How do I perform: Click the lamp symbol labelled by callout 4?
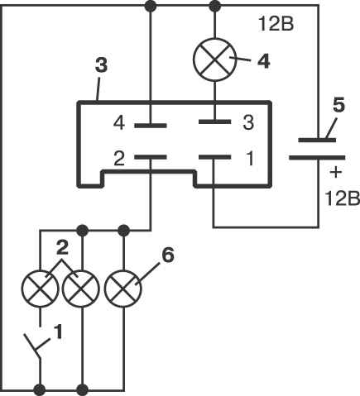(x=214, y=60)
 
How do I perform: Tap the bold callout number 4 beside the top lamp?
(x=263, y=61)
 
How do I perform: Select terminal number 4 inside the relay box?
(x=119, y=123)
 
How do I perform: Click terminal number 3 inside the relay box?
(x=248, y=123)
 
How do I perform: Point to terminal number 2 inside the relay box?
(x=119, y=159)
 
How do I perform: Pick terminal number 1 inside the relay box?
(x=250, y=159)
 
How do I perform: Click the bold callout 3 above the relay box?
(x=101, y=65)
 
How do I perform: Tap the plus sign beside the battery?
(x=336, y=173)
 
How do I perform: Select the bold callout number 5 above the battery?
(x=338, y=105)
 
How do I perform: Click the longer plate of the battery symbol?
(x=317, y=158)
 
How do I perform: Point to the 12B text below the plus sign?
(x=343, y=198)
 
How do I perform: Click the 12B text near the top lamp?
(x=276, y=24)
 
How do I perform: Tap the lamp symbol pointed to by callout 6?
(x=123, y=289)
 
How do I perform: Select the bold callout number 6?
(x=168, y=255)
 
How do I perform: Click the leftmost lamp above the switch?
(x=41, y=289)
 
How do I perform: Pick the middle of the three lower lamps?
(x=81, y=289)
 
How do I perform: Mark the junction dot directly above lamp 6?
(x=123, y=230)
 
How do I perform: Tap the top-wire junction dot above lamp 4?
(x=215, y=6)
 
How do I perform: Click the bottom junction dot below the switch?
(x=40, y=390)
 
